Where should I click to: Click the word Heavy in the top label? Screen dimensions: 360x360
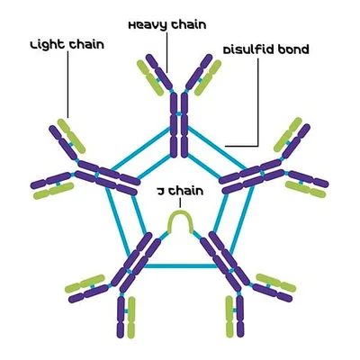[147, 25]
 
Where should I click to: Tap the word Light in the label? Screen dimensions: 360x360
[48, 45]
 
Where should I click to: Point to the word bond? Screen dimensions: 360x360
[293, 49]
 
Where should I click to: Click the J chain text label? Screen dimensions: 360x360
[180, 191]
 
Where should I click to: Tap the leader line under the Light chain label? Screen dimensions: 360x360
[67, 85]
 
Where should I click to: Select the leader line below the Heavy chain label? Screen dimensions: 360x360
[166, 51]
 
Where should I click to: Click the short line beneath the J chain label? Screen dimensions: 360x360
[180, 202]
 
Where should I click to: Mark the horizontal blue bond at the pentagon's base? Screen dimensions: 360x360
[180, 265]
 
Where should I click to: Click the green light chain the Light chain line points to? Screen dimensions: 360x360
[71, 136]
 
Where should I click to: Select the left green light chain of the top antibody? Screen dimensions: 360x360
[150, 78]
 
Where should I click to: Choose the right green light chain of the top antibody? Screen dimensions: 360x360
[208, 77]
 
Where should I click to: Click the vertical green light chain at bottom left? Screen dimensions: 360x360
[131, 317]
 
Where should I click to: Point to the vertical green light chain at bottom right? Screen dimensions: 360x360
[229, 317]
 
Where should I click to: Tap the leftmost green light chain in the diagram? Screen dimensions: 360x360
[53, 191]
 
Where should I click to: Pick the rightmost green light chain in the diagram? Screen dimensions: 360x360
[305, 190]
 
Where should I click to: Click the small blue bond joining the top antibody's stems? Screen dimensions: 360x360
[179, 114]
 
